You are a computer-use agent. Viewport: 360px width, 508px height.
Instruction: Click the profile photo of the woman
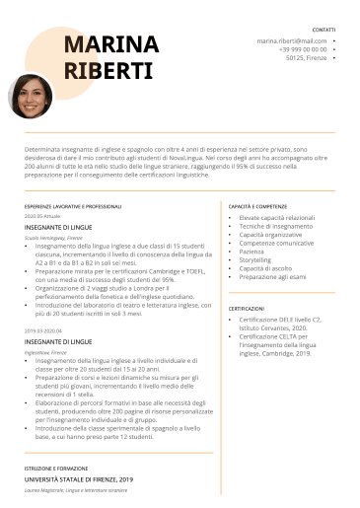[31, 96]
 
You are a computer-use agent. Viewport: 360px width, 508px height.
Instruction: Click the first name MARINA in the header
[109, 43]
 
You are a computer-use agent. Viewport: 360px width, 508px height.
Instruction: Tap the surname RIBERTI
[108, 71]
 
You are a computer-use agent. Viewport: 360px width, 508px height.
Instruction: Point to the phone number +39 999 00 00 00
[302, 49]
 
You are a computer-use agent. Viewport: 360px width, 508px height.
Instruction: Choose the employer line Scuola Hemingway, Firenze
[53, 238]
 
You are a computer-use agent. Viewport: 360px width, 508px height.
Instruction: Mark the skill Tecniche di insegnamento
[275, 226]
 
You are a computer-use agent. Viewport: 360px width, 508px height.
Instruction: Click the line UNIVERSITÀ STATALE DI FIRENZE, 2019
[79, 478]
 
